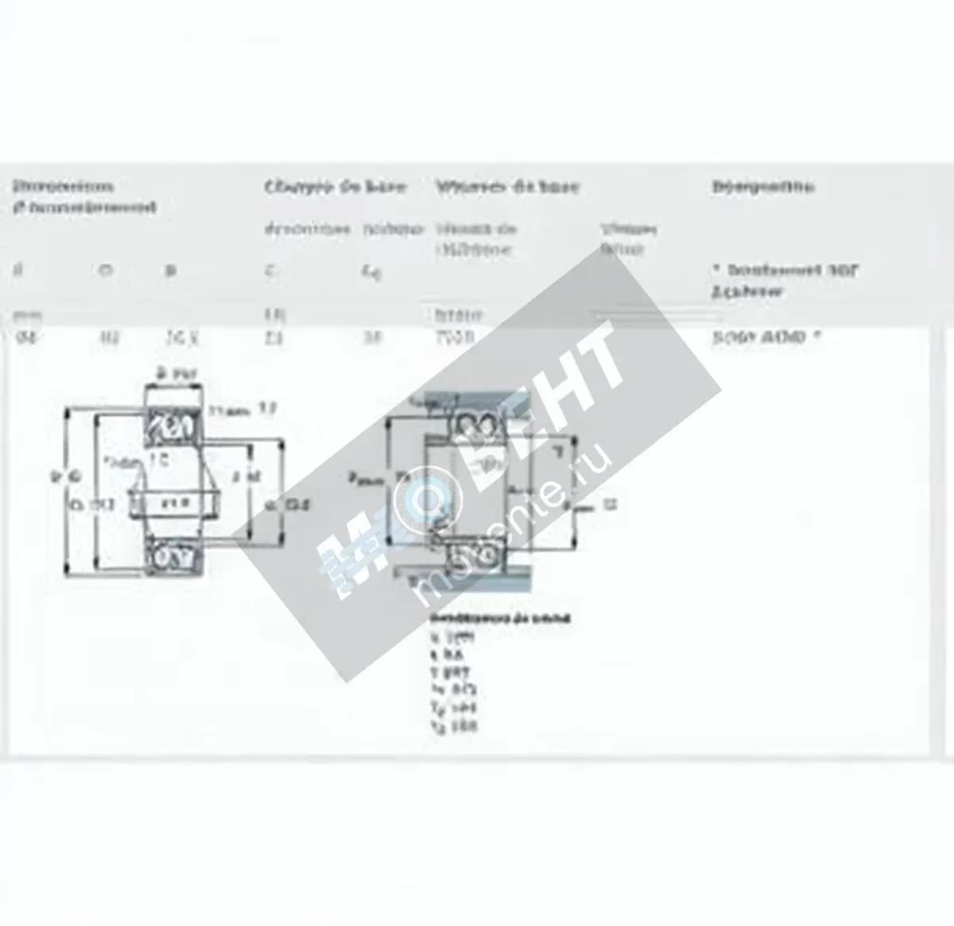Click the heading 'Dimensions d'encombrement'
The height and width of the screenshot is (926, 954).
(83, 196)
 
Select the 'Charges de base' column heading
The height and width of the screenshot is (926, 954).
(335, 187)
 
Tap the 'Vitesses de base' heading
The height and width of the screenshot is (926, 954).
(507, 187)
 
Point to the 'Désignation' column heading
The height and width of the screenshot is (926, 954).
(763, 187)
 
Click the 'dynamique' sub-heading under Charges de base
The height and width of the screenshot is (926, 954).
(307, 229)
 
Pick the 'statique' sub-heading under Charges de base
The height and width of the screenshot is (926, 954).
(393, 229)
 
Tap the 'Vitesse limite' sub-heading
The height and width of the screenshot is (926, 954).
(628, 238)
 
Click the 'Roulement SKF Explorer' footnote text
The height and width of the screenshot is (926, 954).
(784, 280)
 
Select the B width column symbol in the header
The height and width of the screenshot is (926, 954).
(169, 271)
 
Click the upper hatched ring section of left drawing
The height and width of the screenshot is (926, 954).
(174, 426)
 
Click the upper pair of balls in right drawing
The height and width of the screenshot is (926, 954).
(471, 428)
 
